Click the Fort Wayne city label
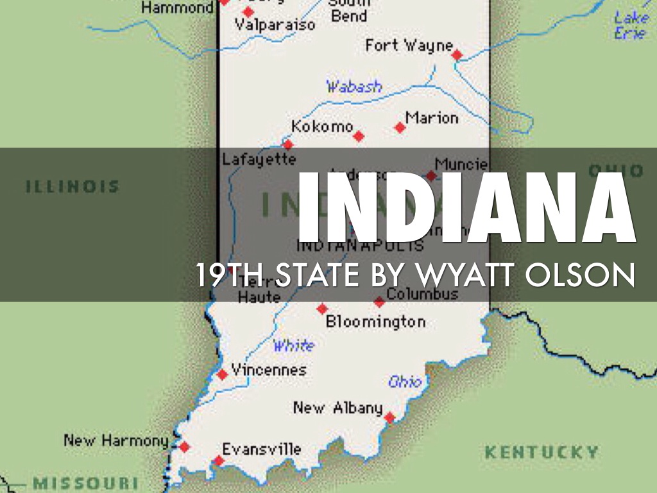pos(409,46)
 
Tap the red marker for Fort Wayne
pos(456,55)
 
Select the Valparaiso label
pos(275,26)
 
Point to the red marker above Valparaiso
pos(248,12)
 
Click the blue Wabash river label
pos(354,87)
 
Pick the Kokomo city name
pos(322,126)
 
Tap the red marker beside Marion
pos(400,128)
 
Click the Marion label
pos(432,119)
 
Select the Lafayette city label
pos(259,159)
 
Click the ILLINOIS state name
pos(73,187)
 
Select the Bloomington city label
pos(375,322)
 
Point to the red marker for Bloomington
pos(322,309)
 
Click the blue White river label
pos(294,346)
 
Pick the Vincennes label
pos(269,370)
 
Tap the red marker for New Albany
pos(389,418)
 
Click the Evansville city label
pos(261,449)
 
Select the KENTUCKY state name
pos(542,452)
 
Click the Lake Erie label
pos(631,26)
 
